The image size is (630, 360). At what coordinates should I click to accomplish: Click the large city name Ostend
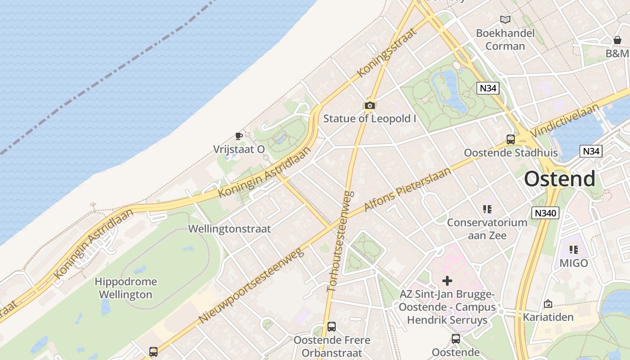pyautogui.click(x=559, y=179)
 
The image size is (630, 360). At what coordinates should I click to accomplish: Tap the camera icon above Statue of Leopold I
pyautogui.click(x=370, y=105)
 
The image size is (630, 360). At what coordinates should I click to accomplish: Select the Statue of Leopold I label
pyautogui.click(x=370, y=119)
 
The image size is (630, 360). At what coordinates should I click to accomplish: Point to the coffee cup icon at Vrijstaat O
pyautogui.click(x=239, y=136)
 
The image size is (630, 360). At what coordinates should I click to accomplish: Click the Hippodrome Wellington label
pyautogui.click(x=126, y=288)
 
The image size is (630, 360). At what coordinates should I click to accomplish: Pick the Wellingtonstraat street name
pyautogui.click(x=229, y=229)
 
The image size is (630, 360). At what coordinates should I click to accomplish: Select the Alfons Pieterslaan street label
pyautogui.click(x=407, y=189)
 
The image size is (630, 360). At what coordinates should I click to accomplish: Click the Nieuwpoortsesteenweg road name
pyautogui.click(x=251, y=285)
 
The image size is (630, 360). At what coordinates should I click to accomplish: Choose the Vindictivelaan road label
pyautogui.click(x=565, y=121)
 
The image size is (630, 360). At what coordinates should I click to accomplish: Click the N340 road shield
pyautogui.click(x=545, y=213)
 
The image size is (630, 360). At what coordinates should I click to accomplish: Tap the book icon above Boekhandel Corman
pyautogui.click(x=505, y=20)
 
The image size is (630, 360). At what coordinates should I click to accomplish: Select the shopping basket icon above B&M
pyautogui.click(x=617, y=40)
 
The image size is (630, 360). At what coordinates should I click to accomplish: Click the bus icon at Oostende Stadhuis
pyautogui.click(x=510, y=139)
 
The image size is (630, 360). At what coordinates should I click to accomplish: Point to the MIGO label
pyautogui.click(x=574, y=263)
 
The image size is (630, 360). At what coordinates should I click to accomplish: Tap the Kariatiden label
pyautogui.click(x=548, y=317)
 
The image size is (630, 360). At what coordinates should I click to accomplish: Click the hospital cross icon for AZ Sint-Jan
pyautogui.click(x=447, y=281)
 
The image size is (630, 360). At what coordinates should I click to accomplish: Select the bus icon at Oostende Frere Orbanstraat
pyautogui.click(x=332, y=326)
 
